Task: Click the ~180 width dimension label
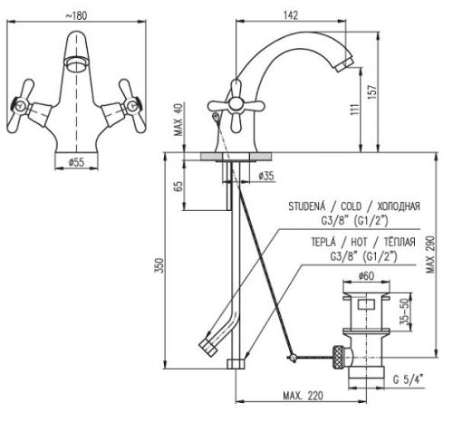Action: (x=76, y=15)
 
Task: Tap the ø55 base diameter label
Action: (x=76, y=162)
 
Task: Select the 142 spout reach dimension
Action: (x=291, y=15)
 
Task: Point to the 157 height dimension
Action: (x=372, y=91)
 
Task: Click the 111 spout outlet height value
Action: (x=355, y=109)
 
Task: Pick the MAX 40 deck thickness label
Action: (x=178, y=120)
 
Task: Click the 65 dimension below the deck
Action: (x=178, y=187)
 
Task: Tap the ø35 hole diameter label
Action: (x=266, y=176)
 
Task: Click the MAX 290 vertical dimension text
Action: (x=430, y=254)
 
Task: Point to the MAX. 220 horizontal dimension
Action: (x=303, y=396)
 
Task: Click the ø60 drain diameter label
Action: (x=366, y=276)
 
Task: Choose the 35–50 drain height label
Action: (x=405, y=312)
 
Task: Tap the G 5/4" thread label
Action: (x=409, y=379)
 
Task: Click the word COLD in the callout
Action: (x=351, y=206)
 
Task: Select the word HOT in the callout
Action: (x=359, y=242)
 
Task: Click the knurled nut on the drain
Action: (x=338, y=357)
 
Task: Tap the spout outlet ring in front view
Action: (x=76, y=63)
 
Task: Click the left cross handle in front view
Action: (x=20, y=106)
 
